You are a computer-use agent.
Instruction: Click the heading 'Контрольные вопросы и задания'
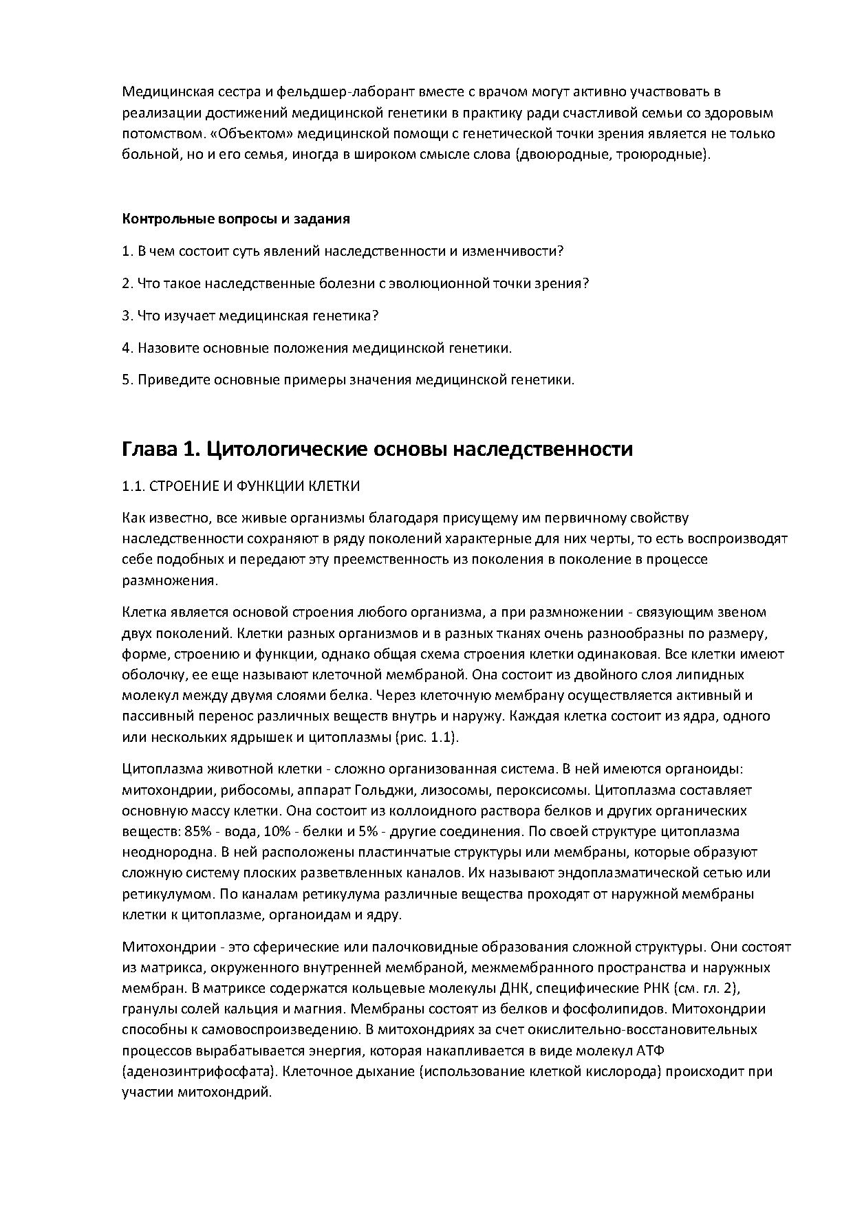pyautogui.click(x=236, y=219)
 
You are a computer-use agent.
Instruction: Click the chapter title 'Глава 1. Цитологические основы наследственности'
pyautogui.click(x=377, y=450)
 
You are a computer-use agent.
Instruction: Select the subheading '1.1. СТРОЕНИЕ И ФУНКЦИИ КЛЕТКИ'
pyautogui.click(x=241, y=486)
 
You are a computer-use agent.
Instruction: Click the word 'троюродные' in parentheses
pyautogui.click(x=665, y=154)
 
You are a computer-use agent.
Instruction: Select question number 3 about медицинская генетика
pyautogui.click(x=250, y=316)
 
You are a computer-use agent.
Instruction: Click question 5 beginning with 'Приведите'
pyautogui.click(x=347, y=380)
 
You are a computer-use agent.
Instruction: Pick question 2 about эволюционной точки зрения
pyautogui.click(x=355, y=283)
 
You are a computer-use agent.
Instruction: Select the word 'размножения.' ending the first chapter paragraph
pyautogui.click(x=169, y=580)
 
